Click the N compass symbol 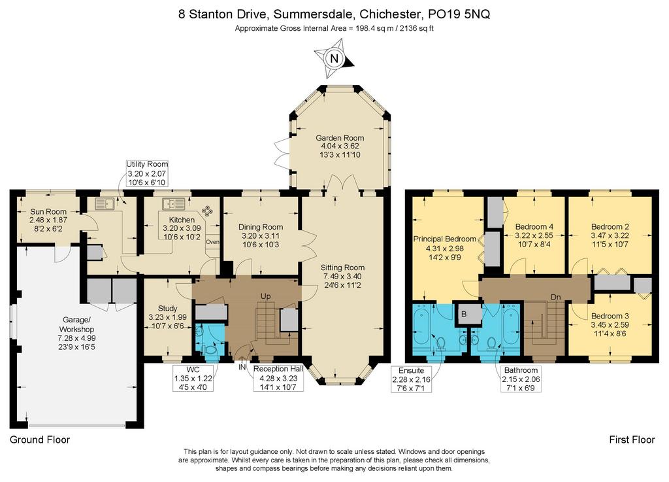pos(334,58)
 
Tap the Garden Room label pos(340,138)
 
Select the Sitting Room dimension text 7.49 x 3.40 pos(342,276)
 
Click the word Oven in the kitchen pos(212,241)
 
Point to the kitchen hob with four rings pos(207,210)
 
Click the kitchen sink pos(172,203)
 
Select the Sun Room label pos(48,212)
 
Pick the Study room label pos(168,308)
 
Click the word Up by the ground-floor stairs pos(266,296)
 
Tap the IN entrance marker pos(242,367)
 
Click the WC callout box pos(193,378)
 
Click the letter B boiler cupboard pos(465,314)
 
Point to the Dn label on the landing pos(555,297)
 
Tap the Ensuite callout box pos(412,379)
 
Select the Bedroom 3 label pos(610,316)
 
